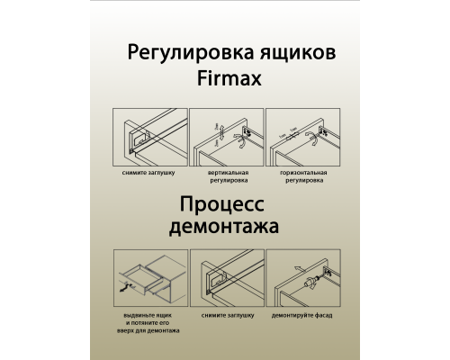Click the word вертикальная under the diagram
click(226, 170)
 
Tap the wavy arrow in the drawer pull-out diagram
click(123, 290)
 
